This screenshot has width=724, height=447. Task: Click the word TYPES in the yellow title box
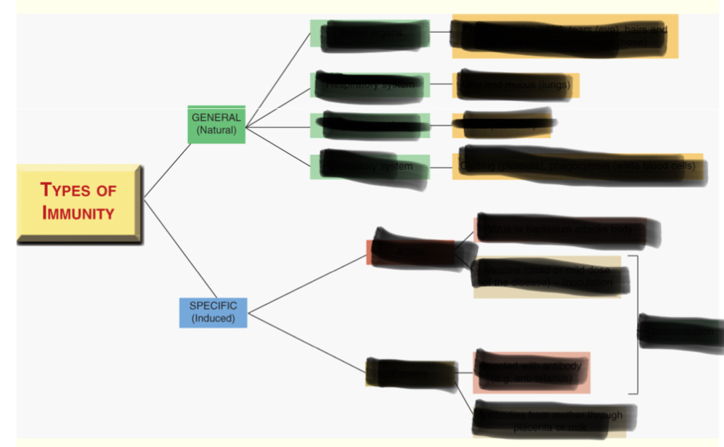78,191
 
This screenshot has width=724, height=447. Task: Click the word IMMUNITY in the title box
78,213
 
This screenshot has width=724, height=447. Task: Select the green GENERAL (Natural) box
216,124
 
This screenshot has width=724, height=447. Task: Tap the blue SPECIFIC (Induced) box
213,312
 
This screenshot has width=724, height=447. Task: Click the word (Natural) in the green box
216,131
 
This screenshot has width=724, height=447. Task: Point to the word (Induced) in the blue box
213,319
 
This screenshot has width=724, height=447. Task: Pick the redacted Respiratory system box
370,85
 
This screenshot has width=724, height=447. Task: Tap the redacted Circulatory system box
370,167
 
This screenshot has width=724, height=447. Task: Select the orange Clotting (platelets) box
579,166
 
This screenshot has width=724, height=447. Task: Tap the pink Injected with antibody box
532,372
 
